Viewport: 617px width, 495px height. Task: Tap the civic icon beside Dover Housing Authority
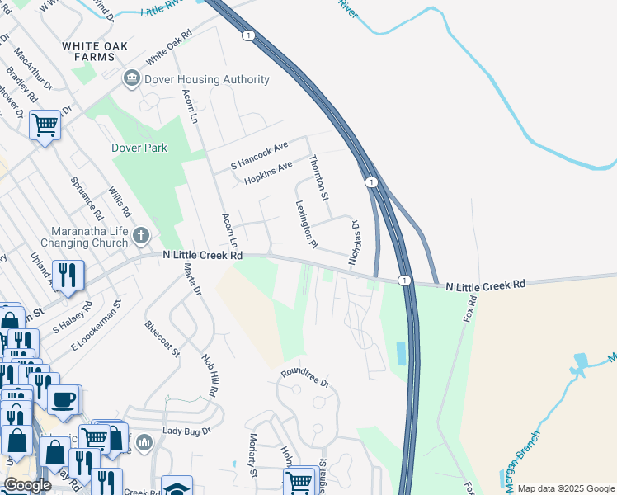point(130,79)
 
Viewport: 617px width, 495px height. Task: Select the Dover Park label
point(139,148)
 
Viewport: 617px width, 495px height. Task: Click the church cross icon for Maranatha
point(141,237)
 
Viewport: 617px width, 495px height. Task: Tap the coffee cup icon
point(63,399)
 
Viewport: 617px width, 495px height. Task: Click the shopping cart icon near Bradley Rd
point(45,125)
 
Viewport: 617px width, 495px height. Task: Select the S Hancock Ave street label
point(259,155)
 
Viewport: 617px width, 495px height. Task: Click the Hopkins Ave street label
point(268,172)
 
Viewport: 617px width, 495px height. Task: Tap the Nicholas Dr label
point(355,242)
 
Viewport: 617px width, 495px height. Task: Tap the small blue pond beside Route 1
point(401,353)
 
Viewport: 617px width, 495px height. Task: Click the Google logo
point(27,485)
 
